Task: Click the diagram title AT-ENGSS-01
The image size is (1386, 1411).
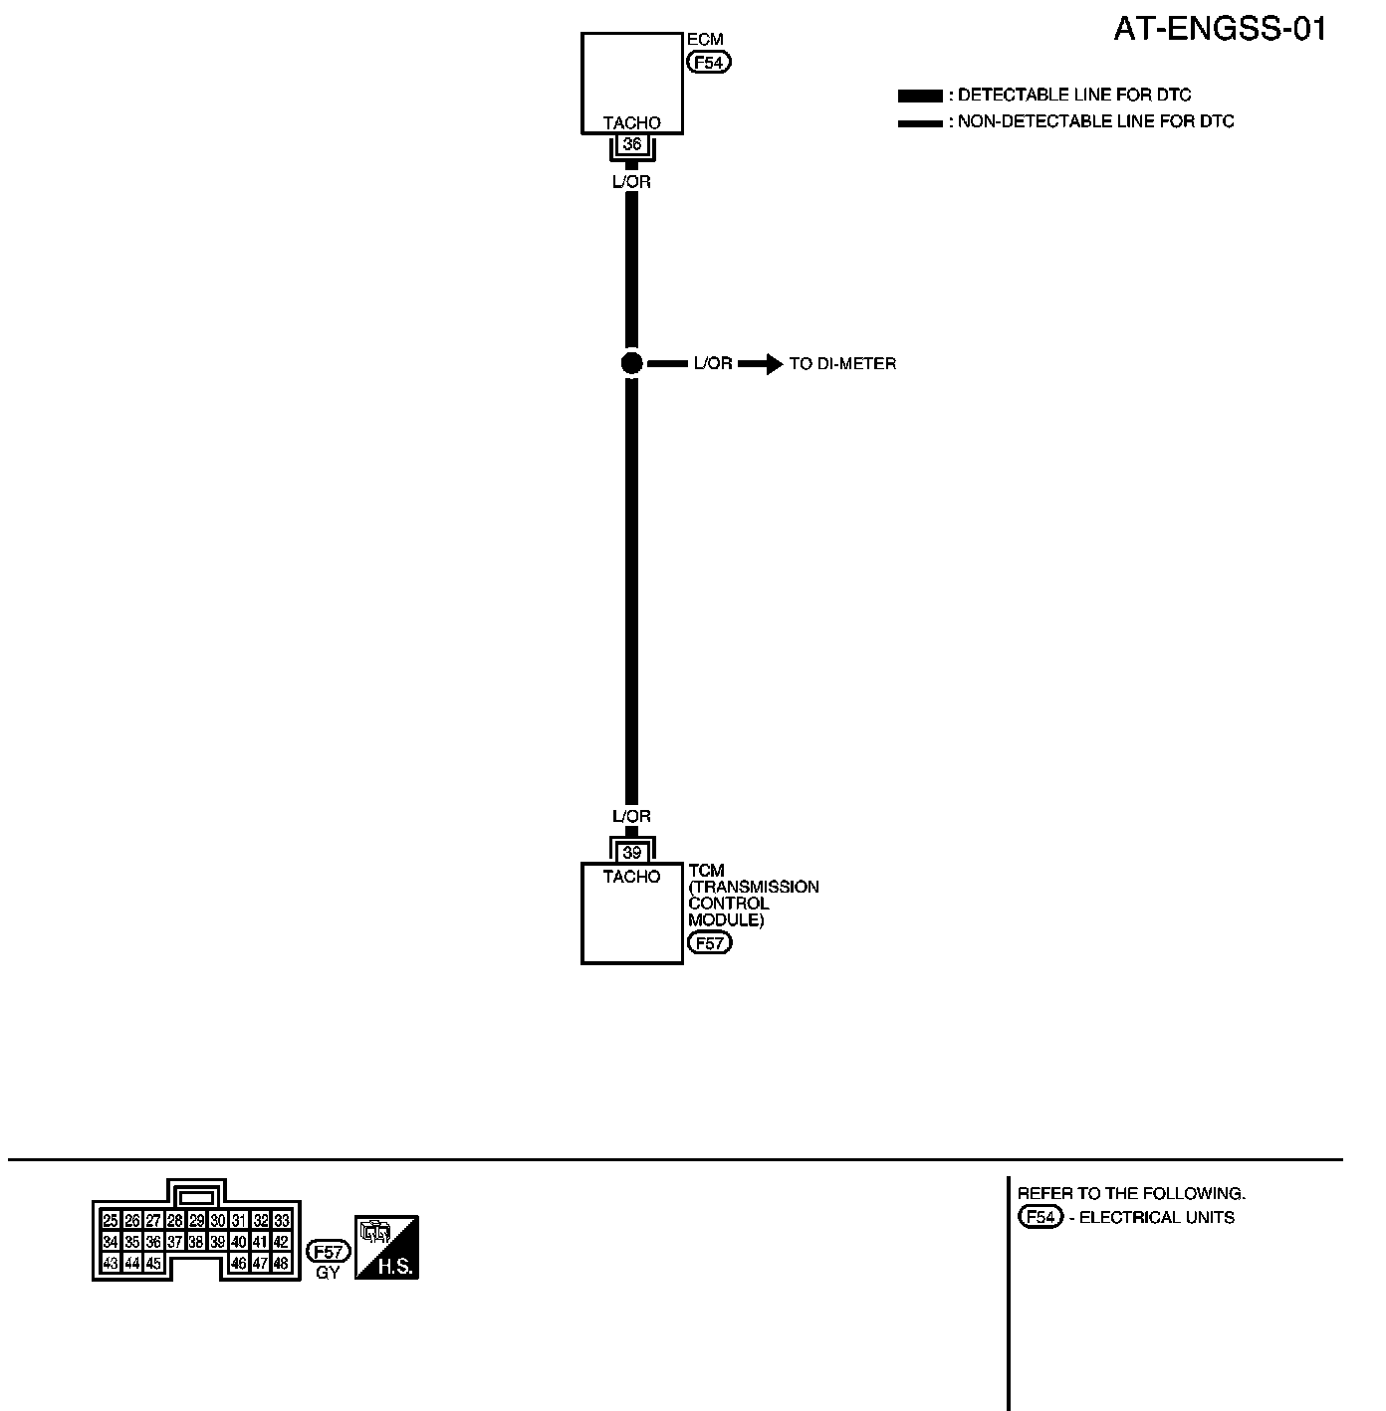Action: (x=1220, y=30)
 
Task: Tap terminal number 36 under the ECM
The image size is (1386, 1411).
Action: (x=631, y=145)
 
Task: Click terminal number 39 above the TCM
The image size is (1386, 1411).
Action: (x=631, y=853)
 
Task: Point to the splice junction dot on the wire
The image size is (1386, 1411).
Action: (x=631, y=363)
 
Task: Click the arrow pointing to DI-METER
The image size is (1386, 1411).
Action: (x=761, y=364)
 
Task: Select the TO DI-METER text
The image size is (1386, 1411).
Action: (x=842, y=364)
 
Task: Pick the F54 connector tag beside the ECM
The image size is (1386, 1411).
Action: (x=709, y=62)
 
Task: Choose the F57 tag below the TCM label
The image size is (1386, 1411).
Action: (x=709, y=942)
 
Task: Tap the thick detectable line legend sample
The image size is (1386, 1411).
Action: (x=919, y=96)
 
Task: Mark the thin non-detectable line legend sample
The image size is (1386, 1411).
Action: (x=919, y=123)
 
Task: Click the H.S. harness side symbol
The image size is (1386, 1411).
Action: (x=387, y=1247)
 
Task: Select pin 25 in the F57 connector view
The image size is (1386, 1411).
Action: (x=111, y=1220)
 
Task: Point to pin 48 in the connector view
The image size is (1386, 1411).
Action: (x=281, y=1264)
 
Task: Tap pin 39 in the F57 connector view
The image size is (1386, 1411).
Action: (x=217, y=1242)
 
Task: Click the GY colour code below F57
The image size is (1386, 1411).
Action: (x=328, y=1273)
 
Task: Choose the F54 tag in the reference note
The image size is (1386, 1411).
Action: (x=1039, y=1217)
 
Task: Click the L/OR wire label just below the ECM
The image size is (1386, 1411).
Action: (x=631, y=182)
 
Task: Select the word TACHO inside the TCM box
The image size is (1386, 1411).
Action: (x=631, y=877)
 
